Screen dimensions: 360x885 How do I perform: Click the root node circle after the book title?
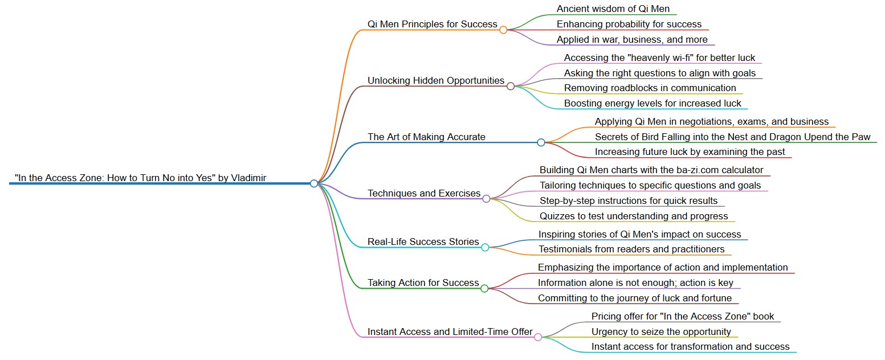pyautogui.click(x=314, y=183)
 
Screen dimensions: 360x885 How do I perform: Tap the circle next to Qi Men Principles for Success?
pyautogui.click(x=503, y=30)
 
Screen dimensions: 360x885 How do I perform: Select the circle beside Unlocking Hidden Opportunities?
pyautogui.click(x=511, y=86)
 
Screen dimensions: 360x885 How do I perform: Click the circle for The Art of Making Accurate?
pyautogui.click(x=541, y=142)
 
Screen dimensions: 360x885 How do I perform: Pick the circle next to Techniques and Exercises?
pyautogui.click(x=486, y=199)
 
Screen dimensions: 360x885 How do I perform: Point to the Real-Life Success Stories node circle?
pyautogui.click(x=485, y=247)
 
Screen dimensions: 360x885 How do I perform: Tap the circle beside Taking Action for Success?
pyautogui.click(x=484, y=288)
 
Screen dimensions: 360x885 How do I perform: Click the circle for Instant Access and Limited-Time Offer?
pyautogui.click(x=538, y=337)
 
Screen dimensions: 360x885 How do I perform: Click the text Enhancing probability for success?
pyautogui.click(x=629, y=24)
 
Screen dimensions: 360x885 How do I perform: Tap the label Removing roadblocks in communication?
pyautogui.click(x=650, y=88)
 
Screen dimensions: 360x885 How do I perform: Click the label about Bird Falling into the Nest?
pyautogui.click(x=732, y=137)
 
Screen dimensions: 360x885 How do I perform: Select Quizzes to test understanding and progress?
pyautogui.click(x=634, y=216)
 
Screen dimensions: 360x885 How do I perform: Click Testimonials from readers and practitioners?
pyautogui.click(x=631, y=249)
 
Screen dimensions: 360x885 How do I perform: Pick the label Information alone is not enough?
pyautogui.click(x=635, y=283)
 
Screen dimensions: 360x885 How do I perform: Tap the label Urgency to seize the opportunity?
pyautogui.click(x=661, y=332)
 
